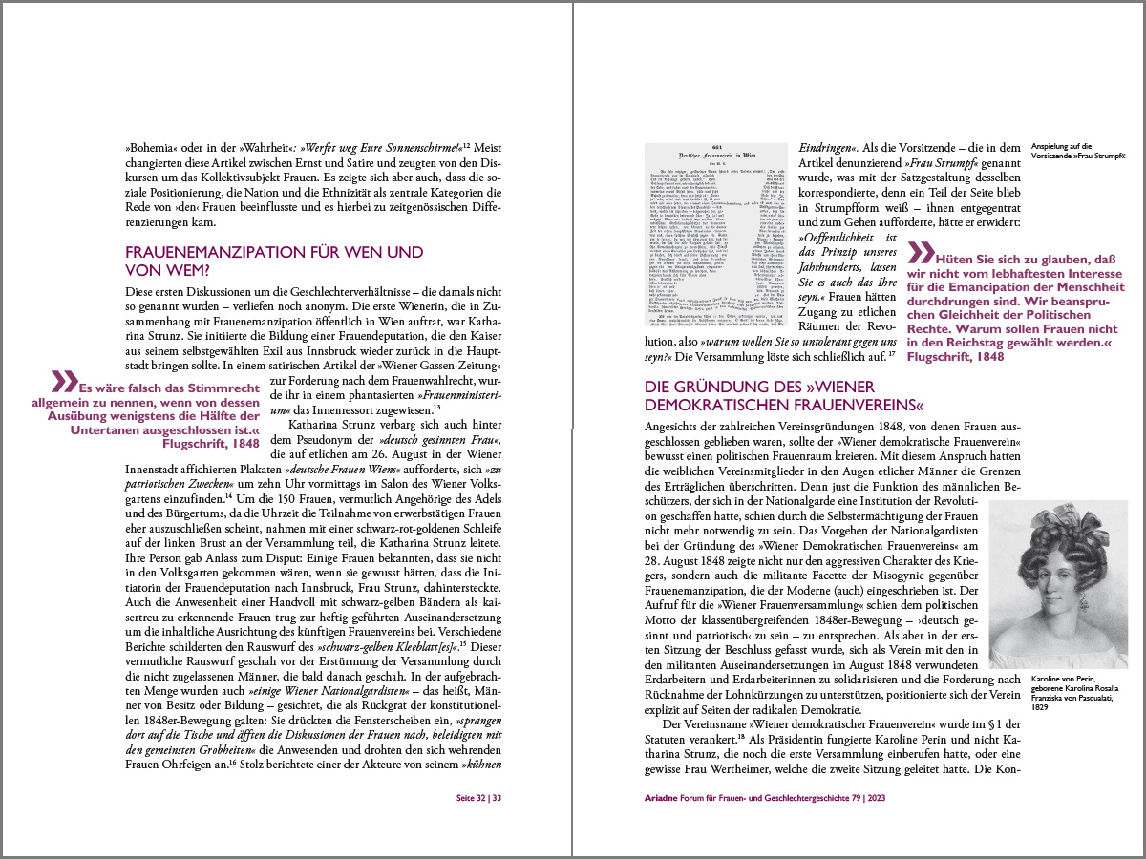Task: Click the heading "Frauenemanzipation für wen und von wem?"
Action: tap(274, 262)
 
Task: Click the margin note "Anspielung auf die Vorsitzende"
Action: tap(1075, 151)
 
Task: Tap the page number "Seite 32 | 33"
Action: tap(478, 797)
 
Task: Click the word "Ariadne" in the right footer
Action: tap(665, 797)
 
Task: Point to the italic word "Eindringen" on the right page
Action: tap(827, 148)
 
